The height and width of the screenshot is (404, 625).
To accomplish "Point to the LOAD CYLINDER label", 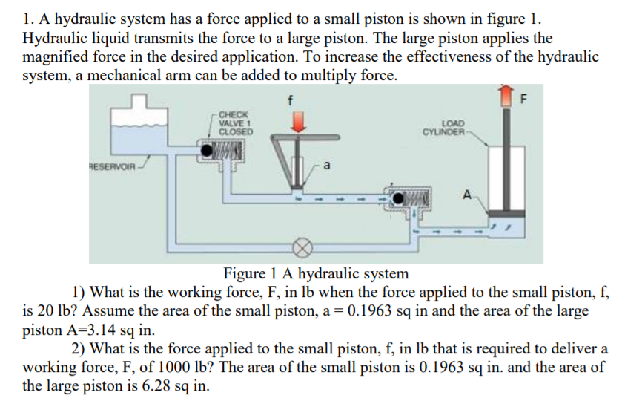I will [x=445, y=128].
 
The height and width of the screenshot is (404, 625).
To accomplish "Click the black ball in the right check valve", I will [x=400, y=198].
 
